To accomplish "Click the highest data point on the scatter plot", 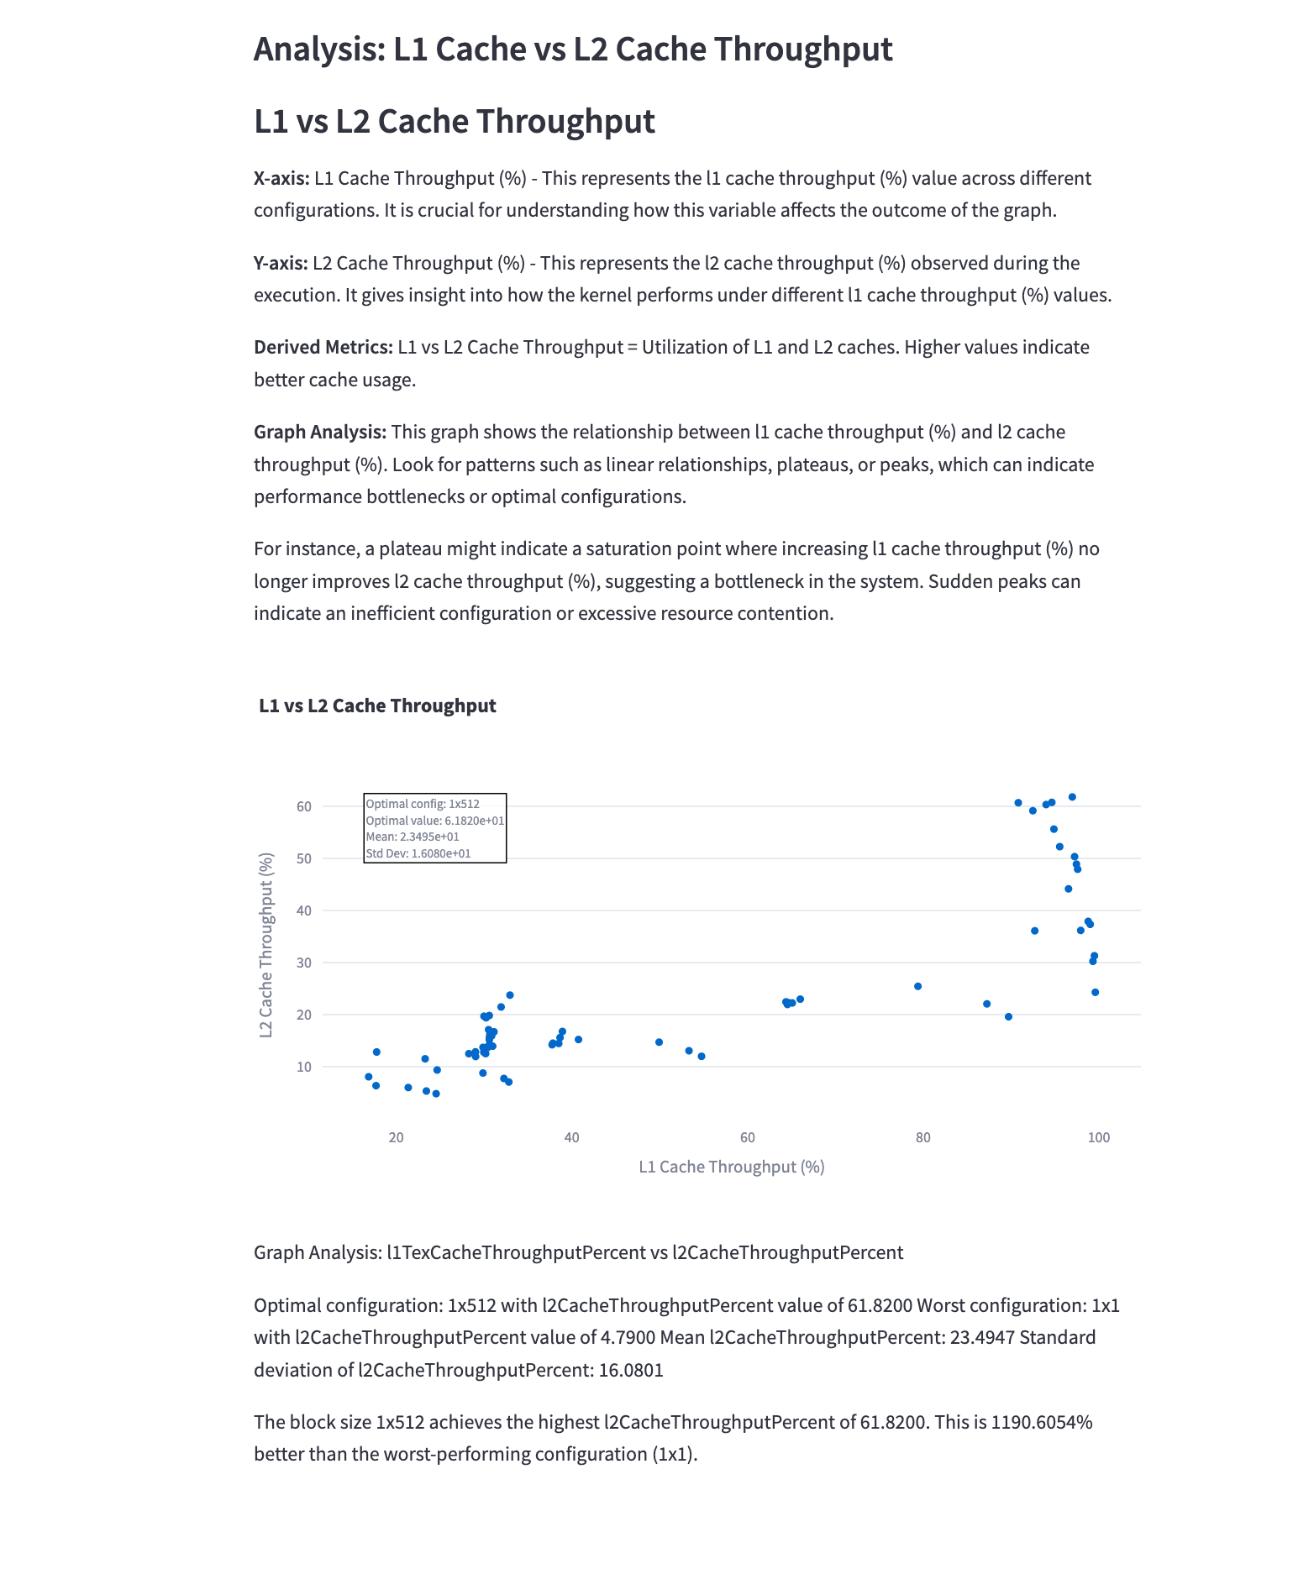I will click(1072, 797).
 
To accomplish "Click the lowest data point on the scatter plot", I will click(436, 1094).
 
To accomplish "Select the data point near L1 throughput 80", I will click(917, 986).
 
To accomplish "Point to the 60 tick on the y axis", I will click(303, 806).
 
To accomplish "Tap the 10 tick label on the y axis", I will click(303, 1067).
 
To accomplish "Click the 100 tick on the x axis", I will click(1098, 1138).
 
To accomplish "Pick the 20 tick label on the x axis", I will click(396, 1138).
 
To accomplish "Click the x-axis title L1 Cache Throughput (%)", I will click(731, 1167).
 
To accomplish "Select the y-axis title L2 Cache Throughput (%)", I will click(266, 945).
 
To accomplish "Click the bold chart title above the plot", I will click(377, 706).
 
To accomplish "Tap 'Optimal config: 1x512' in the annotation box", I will click(423, 804).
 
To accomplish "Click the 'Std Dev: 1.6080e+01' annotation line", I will click(418, 853).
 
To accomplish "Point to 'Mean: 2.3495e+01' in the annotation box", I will click(413, 837).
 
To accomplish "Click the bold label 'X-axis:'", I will click(281, 178).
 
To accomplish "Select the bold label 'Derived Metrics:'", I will click(323, 347).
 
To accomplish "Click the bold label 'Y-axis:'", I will click(281, 263).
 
